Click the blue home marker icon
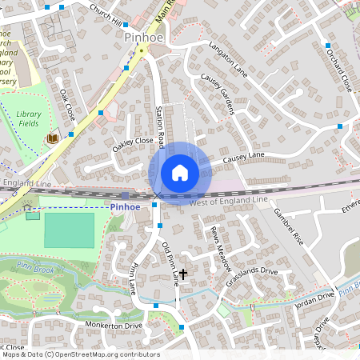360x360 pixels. tap(180, 173)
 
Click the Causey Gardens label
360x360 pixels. tap(216, 94)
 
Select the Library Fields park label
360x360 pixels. tap(28, 119)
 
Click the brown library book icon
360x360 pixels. tap(53, 138)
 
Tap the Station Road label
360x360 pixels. tap(160, 126)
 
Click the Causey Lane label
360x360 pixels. tap(243, 156)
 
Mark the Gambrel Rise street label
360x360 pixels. tap(289, 227)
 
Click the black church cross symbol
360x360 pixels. tap(183, 274)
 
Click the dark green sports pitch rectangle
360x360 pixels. tap(69, 230)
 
